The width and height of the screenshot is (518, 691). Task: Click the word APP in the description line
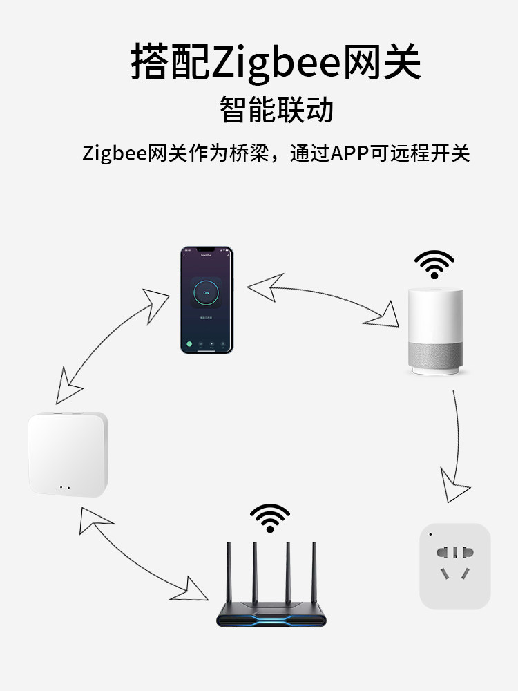352,153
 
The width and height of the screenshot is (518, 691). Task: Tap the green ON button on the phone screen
206,292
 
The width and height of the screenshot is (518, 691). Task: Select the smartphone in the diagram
207,300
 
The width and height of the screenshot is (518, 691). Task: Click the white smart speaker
434,332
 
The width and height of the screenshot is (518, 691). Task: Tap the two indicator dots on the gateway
64,487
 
